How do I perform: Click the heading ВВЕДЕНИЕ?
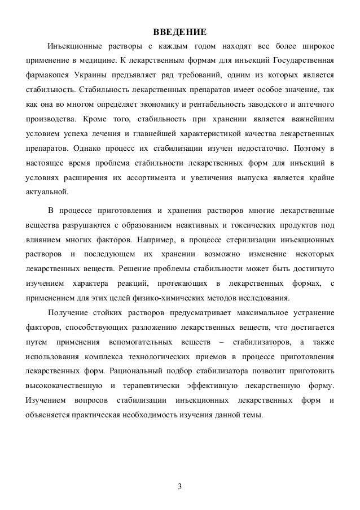(180, 30)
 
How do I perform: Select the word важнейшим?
(313, 119)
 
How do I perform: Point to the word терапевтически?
(151, 386)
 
